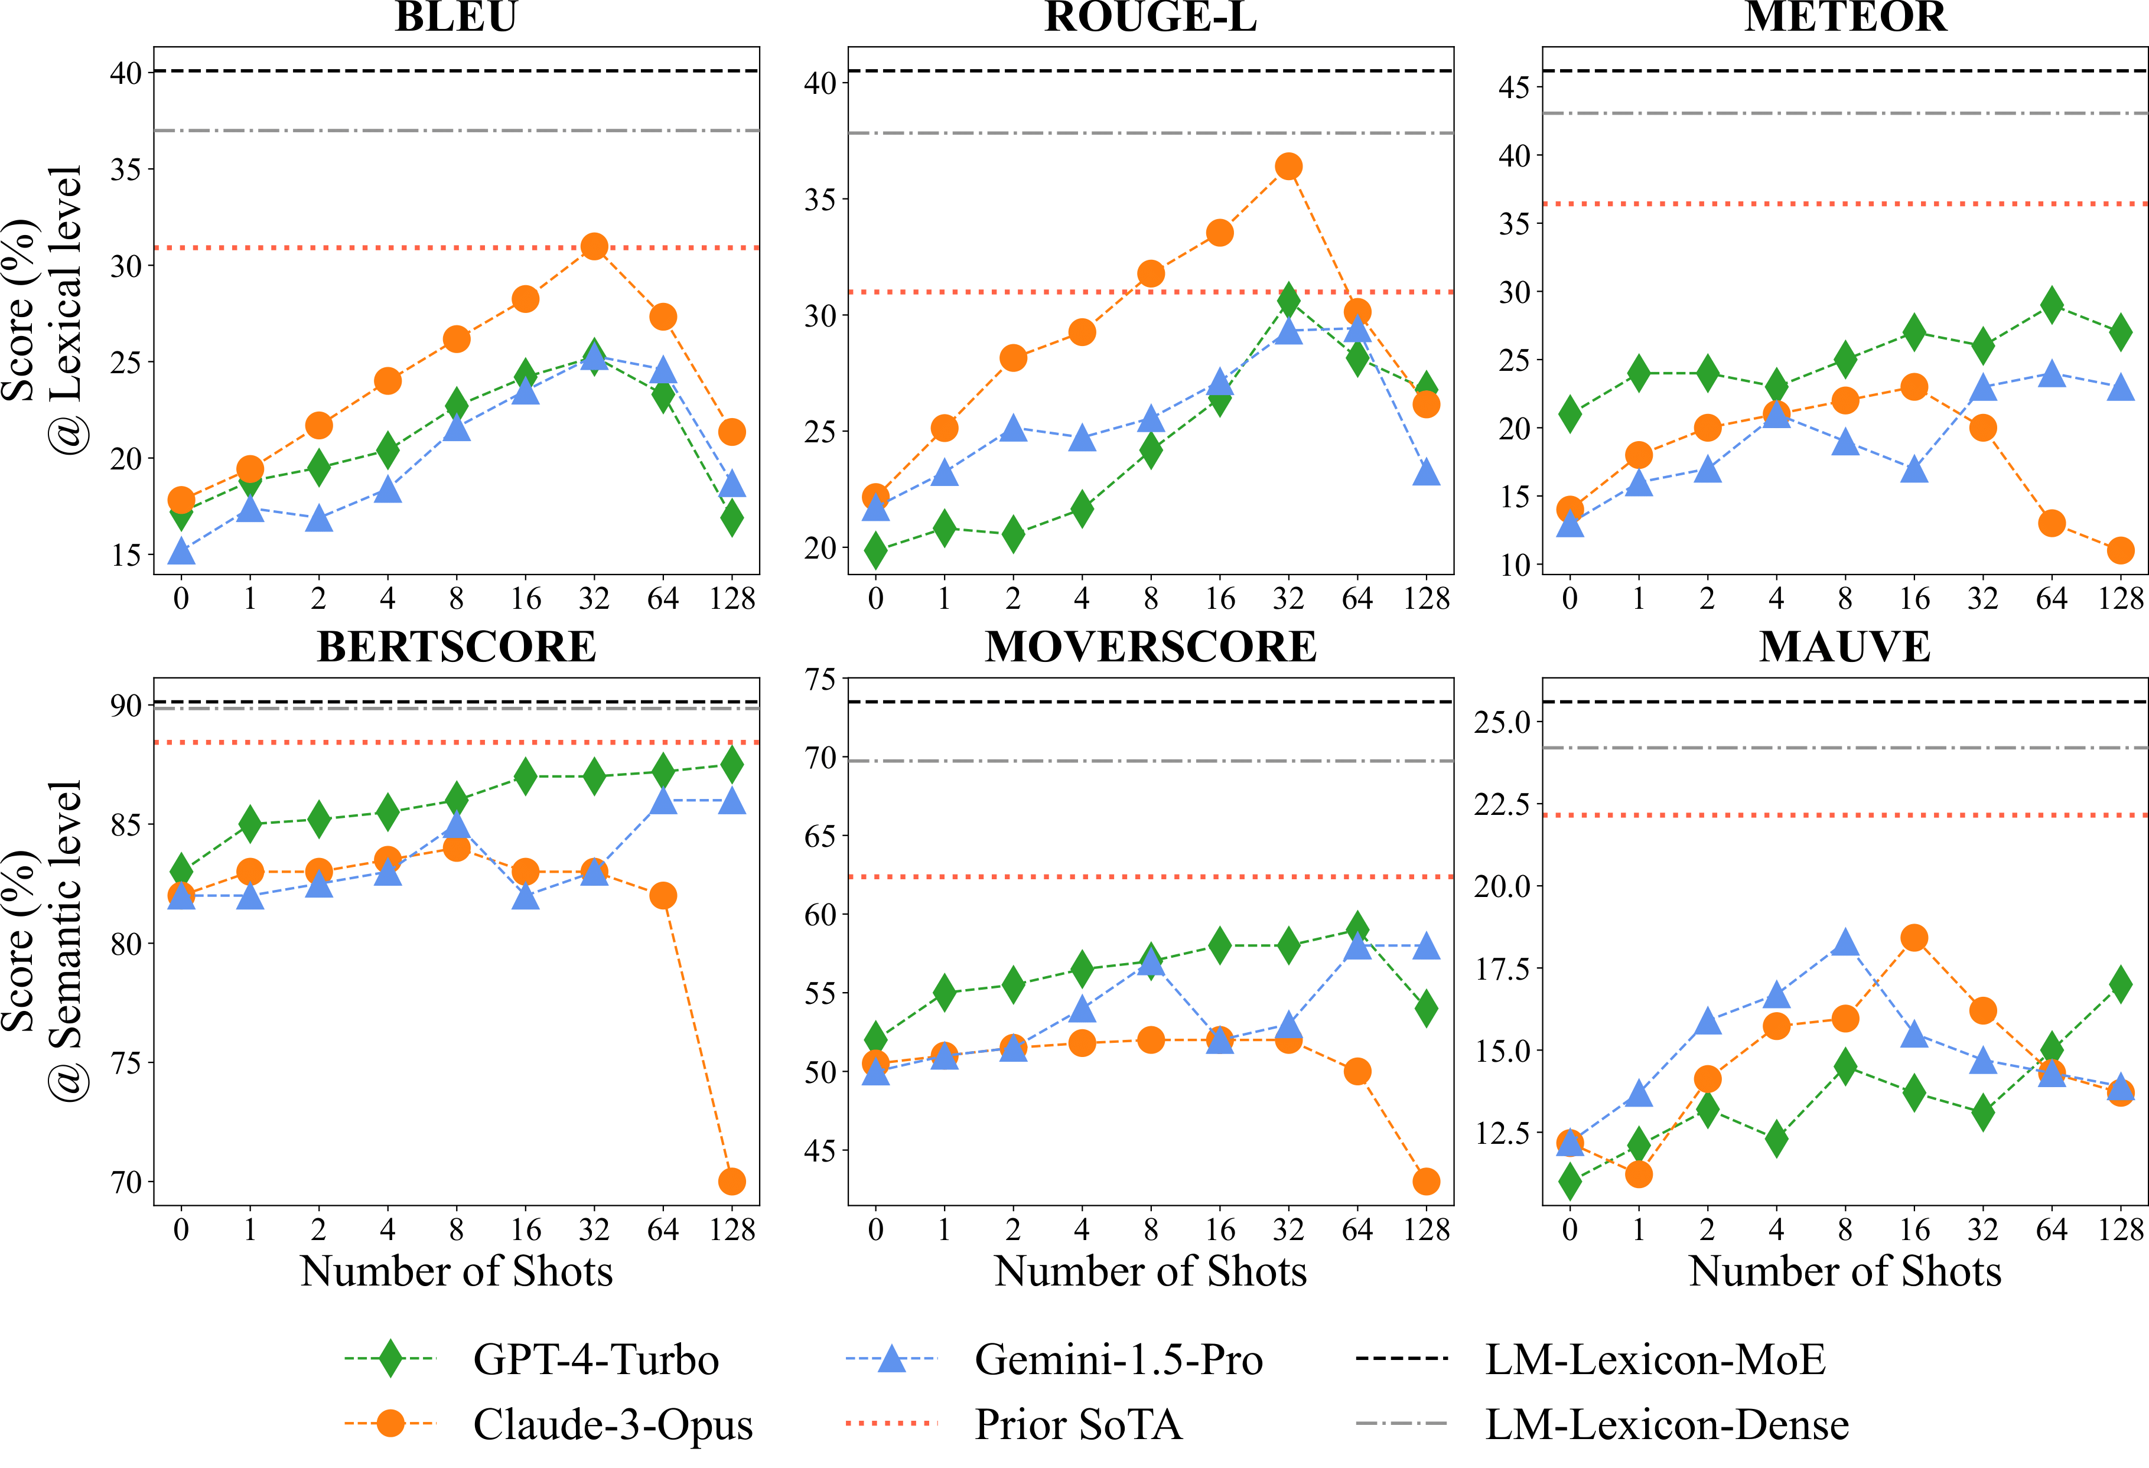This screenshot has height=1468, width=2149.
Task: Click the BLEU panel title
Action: pos(456,17)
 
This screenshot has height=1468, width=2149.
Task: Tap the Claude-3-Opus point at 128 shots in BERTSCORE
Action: pos(731,1182)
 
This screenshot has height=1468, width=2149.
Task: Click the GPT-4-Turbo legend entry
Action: pos(595,1359)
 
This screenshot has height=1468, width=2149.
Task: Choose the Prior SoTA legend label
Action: pos(1078,1424)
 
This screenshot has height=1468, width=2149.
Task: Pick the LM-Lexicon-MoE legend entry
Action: pos(1655,1359)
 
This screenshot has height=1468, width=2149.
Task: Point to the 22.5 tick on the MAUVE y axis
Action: pos(1503,804)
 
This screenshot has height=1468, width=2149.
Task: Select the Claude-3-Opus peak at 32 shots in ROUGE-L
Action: pos(1288,167)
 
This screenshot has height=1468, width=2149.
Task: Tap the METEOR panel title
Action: pos(1845,17)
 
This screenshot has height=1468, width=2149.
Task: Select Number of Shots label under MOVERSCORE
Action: pos(1150,1271)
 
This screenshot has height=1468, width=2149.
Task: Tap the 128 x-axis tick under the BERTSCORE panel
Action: pos(731,1229)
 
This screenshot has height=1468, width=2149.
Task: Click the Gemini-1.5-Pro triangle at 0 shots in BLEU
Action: pos(181,552)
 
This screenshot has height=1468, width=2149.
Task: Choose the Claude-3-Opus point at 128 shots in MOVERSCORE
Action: pos(1426,1182)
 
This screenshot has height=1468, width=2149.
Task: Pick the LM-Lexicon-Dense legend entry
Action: pos(1666,1424)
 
